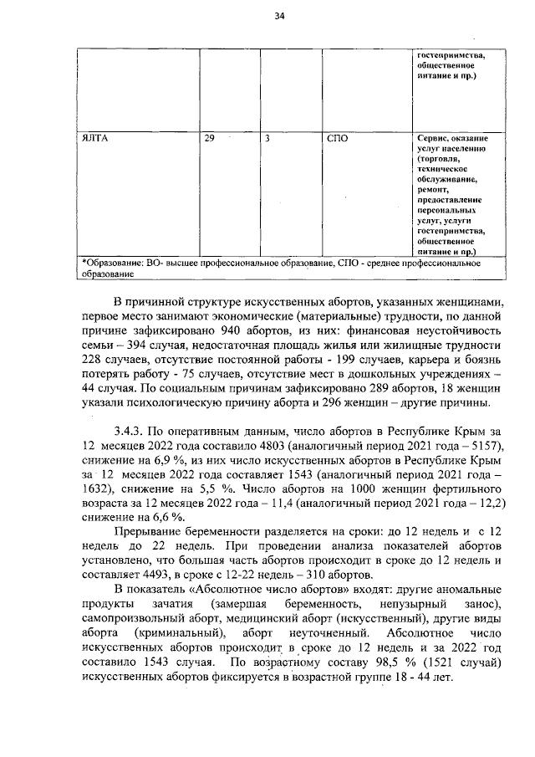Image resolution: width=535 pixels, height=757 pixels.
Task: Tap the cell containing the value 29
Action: click(208, 137)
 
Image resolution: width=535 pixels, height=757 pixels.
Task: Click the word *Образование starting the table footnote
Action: click(112, 262)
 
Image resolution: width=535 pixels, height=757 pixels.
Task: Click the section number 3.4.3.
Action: click(133, 432)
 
